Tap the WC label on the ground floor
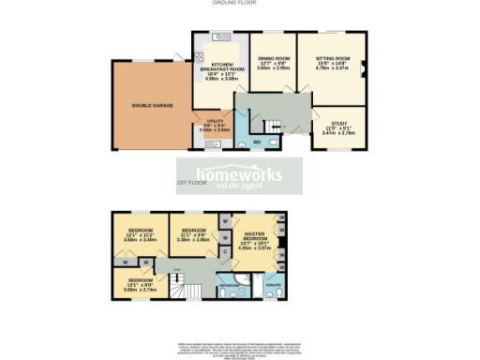pyautogui.click(x=256, y=142)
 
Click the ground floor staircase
pyautogui.click(x=272, y=124)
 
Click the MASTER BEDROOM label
pyautogui.click(x=257, y=238)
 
